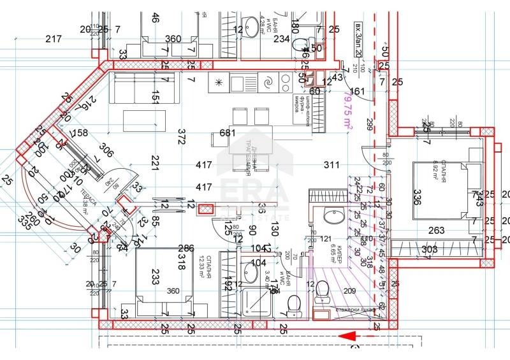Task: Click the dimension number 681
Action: point(228,133)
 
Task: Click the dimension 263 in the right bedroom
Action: point(436,231)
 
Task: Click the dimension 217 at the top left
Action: point(54,40)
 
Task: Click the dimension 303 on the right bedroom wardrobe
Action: point(429,248)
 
